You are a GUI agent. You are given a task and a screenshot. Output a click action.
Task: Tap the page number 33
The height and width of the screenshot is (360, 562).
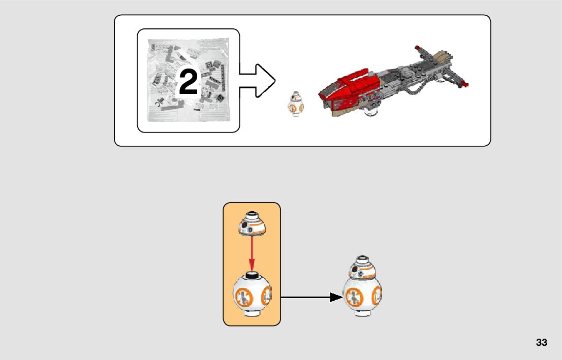(x=541, y=342)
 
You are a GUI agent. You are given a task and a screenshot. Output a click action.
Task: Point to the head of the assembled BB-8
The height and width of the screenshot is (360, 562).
(x=363, y=268)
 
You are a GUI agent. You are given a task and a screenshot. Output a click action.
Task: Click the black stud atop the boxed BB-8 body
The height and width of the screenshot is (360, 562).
(x=252, y=275)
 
